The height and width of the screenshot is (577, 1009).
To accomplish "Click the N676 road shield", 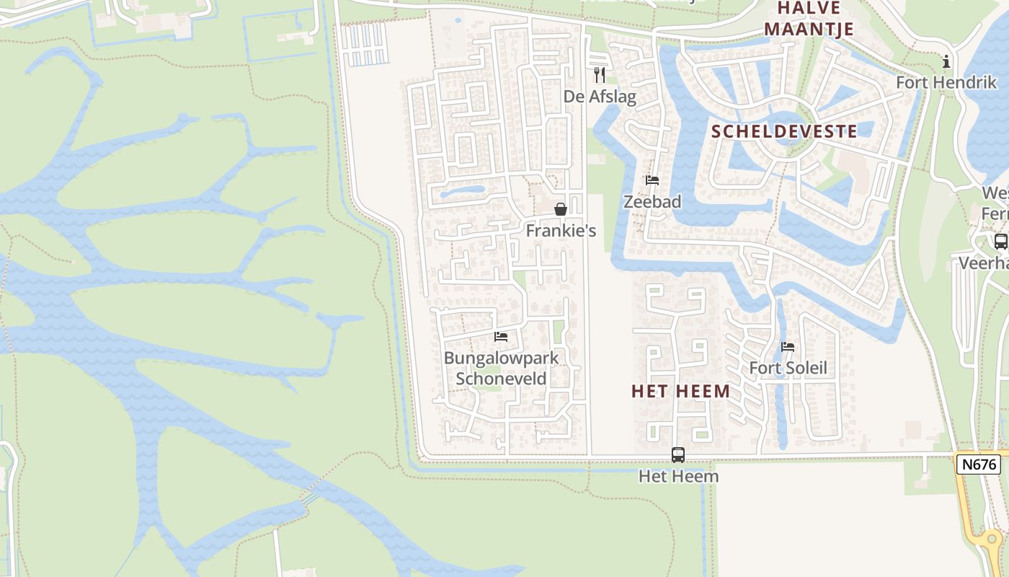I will [x=979, y=464].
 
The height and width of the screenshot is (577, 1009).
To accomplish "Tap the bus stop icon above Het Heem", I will [x=678, y=455].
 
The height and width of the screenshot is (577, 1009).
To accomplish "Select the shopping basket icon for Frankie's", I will [x=560, y=210].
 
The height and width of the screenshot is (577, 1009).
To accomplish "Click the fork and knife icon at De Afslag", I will [x=600, y=74].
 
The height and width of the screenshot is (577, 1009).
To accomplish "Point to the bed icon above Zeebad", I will [x=652, y=180].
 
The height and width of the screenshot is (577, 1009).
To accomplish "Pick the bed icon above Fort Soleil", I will [x=788, y=347].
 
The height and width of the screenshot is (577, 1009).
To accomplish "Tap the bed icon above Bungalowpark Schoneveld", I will [x=501, y=337].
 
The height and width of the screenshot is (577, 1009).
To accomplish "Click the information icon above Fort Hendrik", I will [x=946, y=62].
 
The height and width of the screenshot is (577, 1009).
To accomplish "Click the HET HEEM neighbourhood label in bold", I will [x=680, y=392].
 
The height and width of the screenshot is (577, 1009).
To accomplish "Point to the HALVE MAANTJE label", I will [x=809, y=19].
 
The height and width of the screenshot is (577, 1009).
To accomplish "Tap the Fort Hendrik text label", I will [x=946, y=83].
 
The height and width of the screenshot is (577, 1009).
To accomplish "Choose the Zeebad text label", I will [x=652, y=202].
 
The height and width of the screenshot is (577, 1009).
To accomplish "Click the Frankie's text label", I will [x=561, y=232].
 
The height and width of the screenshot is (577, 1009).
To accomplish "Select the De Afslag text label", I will [x=600, y=97].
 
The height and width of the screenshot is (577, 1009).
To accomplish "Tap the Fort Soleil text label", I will [x=788, y=369].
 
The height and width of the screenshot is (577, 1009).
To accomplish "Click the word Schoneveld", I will [x=501, y=379].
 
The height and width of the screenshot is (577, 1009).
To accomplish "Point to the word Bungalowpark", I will [x=501, y=358].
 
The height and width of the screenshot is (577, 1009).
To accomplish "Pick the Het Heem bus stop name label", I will [x=678, y=477].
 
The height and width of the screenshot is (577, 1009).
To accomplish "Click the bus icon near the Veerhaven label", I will [x=1000, y=242].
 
